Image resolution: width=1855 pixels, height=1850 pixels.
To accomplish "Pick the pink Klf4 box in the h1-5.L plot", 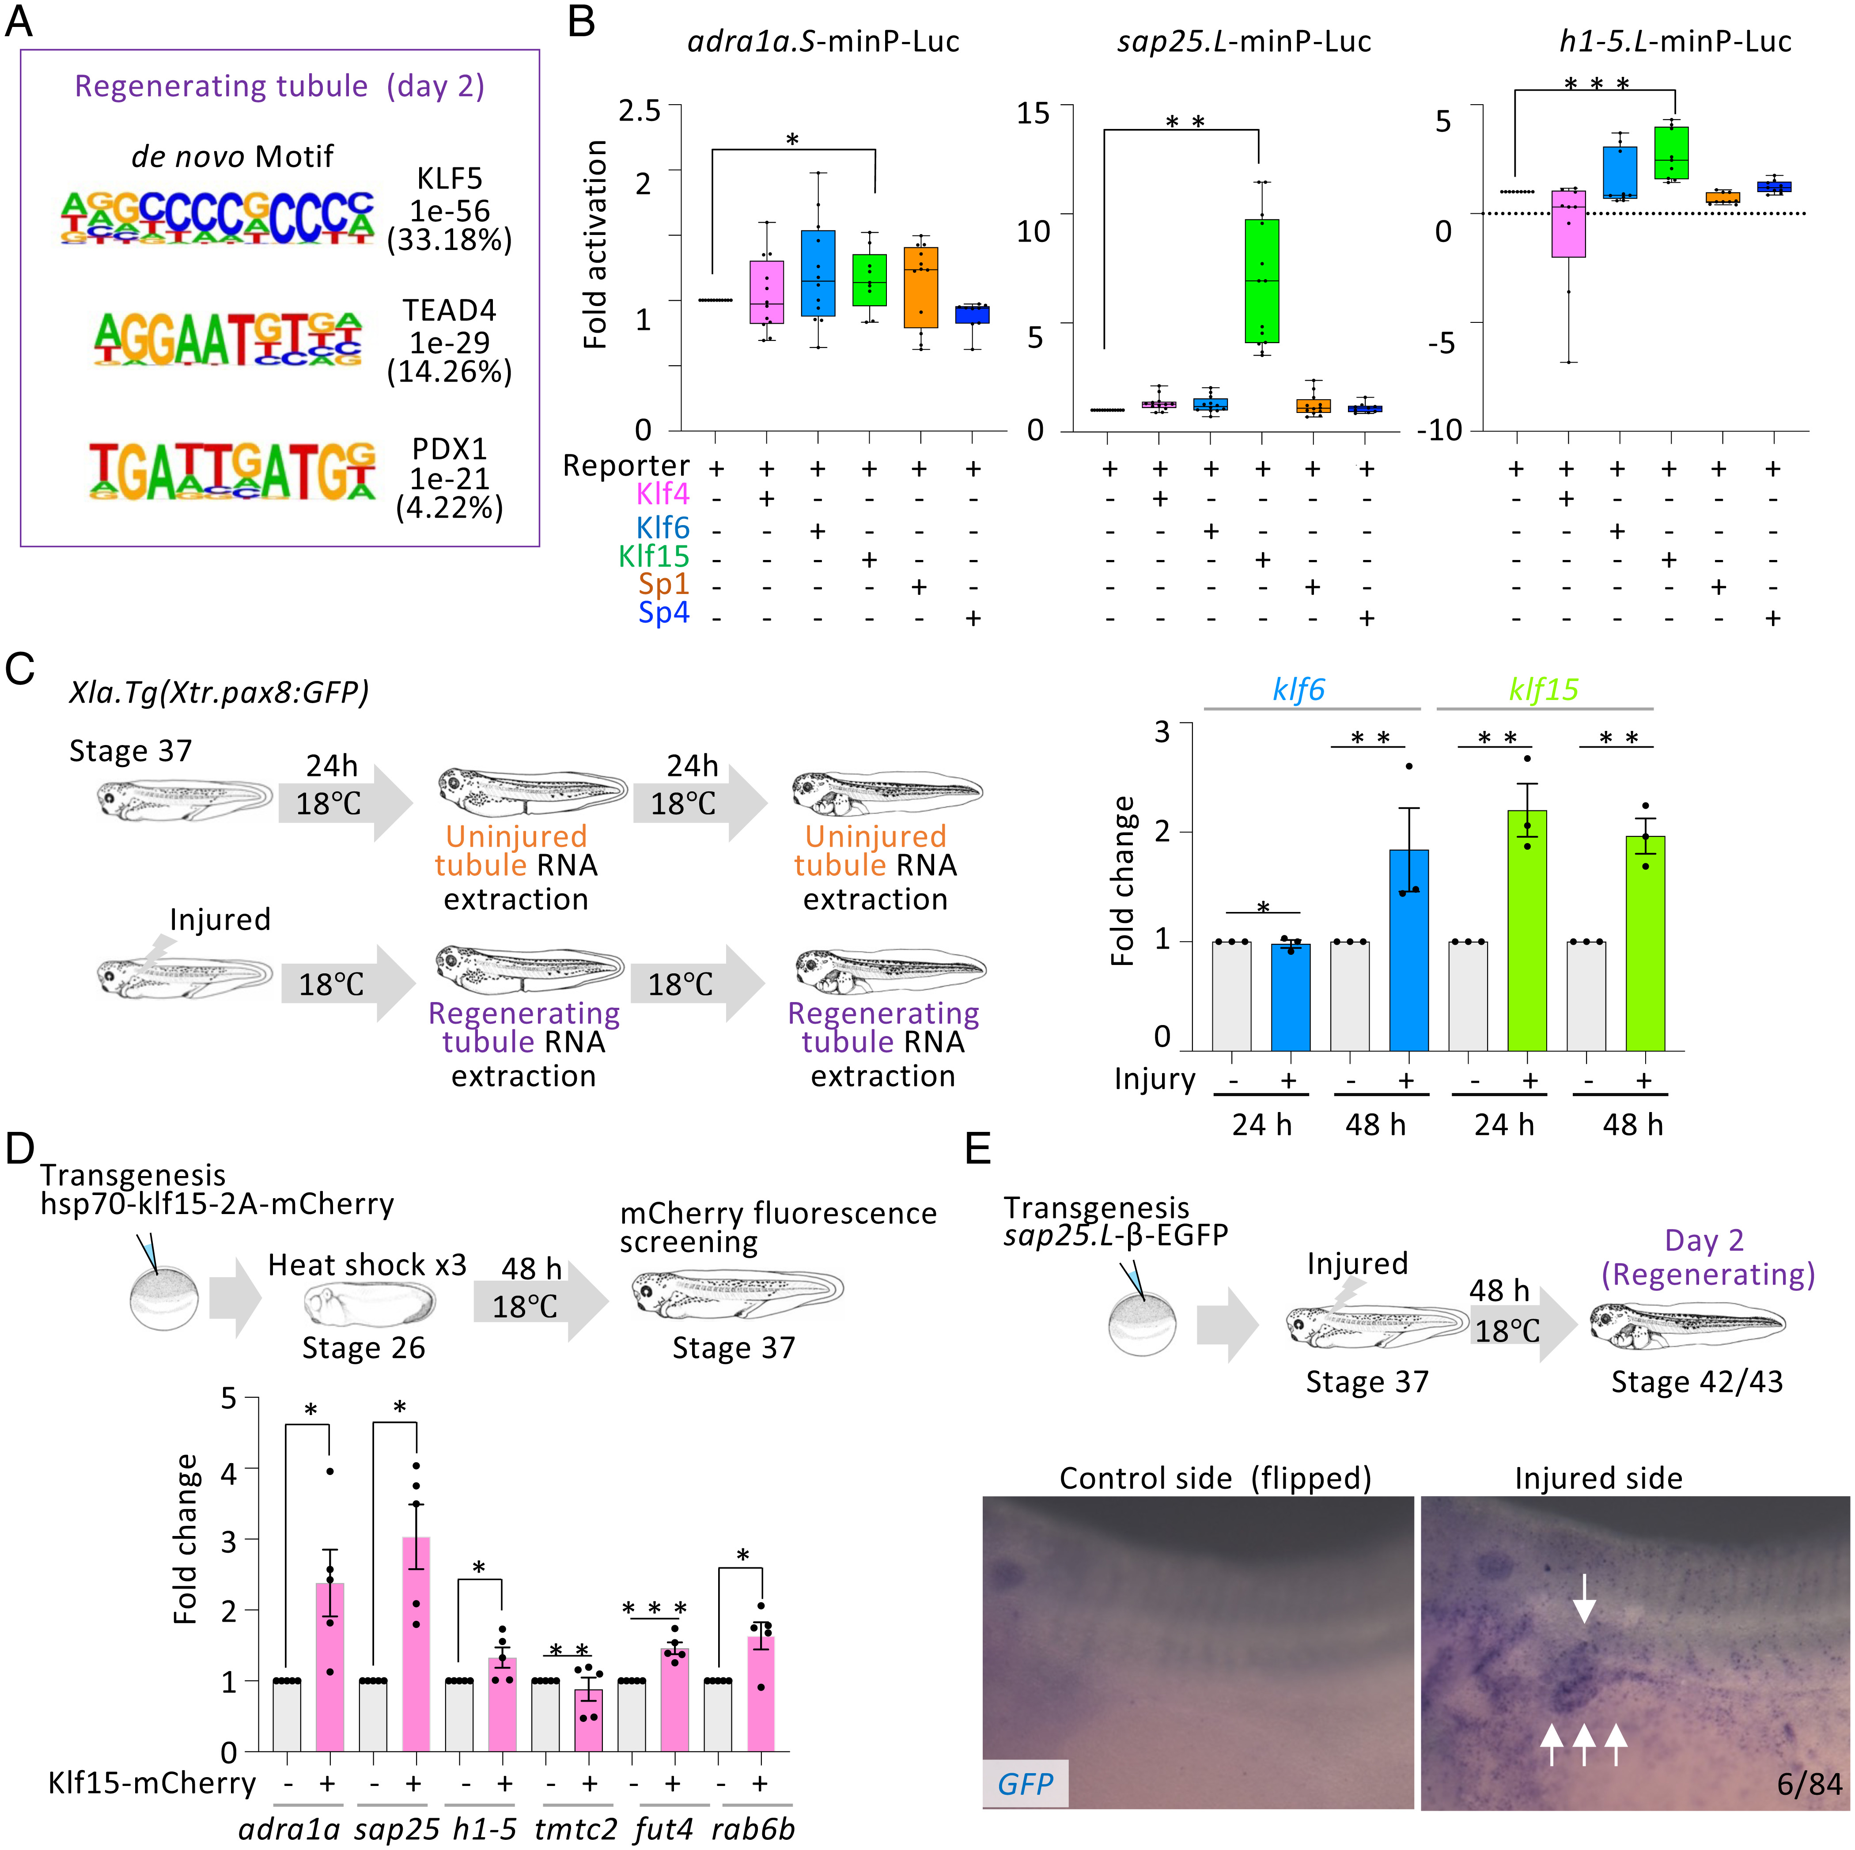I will click(x=1568, y=224).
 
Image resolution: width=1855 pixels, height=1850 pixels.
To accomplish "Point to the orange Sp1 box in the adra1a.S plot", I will click(x=921, y=287).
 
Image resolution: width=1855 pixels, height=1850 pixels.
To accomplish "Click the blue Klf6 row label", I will click(x=662, y=528).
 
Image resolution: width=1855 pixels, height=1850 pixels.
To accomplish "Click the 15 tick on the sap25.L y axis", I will click(x=1033, y=113).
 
